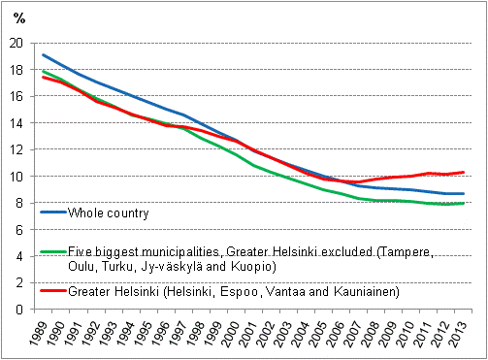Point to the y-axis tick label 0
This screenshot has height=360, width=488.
tap(19, 310)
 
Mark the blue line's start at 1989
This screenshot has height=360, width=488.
tap(43, 55)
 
